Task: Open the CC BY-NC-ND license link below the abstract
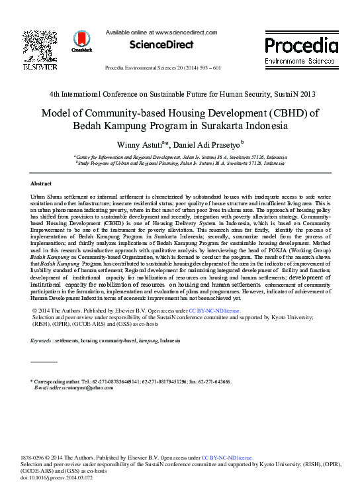tap(215, 310)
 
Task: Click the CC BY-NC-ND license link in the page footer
tap(227, 457)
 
